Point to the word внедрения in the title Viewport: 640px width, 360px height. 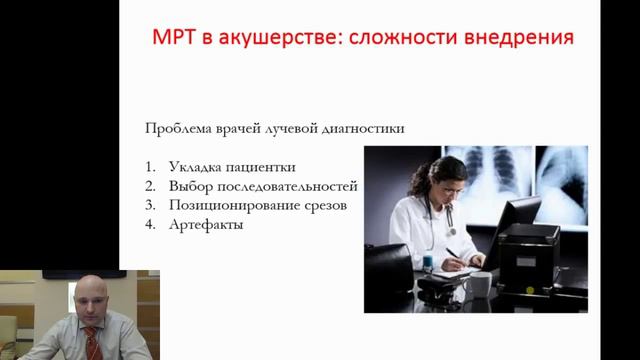(525, 38)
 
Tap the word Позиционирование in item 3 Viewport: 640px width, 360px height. (234, 205)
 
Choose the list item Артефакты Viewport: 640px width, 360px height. (207, 225)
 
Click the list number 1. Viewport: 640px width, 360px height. (149, 166)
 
